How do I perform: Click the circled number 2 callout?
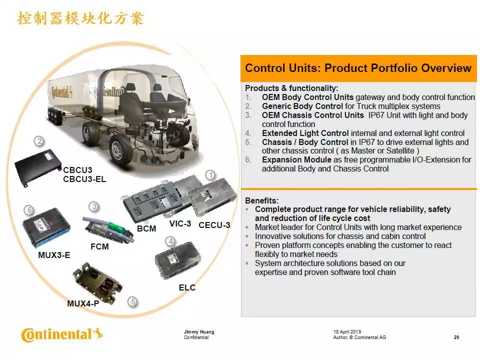point(39,141)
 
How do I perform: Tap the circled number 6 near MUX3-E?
point(29,210)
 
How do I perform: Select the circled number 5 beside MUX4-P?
point(132,302)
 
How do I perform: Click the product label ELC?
point(187,287)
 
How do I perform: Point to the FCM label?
point(99,246)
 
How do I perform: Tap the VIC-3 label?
point(180,224)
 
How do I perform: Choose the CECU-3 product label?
point(214,225)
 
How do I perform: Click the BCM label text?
point(146,228)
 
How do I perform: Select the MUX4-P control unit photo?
point(97,283)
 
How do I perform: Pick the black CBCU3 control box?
point(38,167)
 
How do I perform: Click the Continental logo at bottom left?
point(61,334)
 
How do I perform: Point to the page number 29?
point(456,337)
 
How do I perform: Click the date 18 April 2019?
point(347,331)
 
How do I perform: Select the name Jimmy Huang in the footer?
point(199,331)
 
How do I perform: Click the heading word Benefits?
point(261,200)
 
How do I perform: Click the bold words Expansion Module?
point(296,159)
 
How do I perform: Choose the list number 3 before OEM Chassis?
point(248,115)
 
